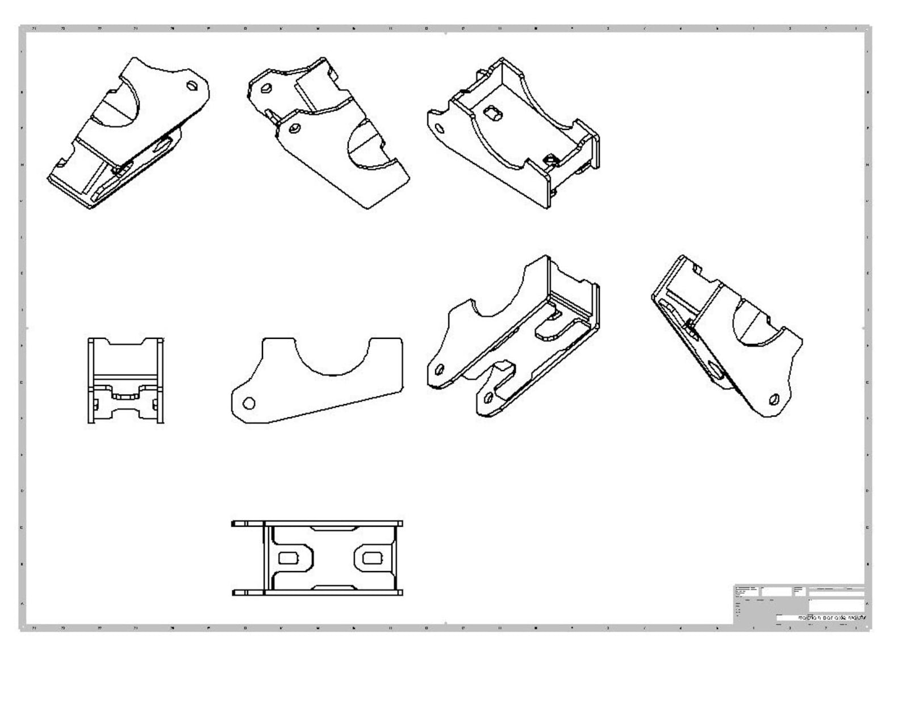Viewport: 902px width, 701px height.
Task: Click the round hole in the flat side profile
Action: pos(249,404)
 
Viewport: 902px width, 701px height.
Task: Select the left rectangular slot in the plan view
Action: pos(288,559)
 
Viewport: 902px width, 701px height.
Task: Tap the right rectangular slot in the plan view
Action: pos(371,559)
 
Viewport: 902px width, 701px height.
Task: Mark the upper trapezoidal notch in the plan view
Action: pos(334,528)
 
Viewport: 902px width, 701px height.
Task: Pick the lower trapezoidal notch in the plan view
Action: pos(334,587)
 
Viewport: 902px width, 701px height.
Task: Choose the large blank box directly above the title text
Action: pos(836,605)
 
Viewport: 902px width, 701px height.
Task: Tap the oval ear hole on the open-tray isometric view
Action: pos(439,128)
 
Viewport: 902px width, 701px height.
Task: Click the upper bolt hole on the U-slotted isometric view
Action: pos(439,370)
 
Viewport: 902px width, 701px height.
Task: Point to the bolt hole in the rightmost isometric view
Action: pos(773,399)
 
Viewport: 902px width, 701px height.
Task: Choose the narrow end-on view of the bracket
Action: pos(126,380)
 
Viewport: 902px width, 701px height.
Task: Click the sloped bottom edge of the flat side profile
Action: pos(335,406)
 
